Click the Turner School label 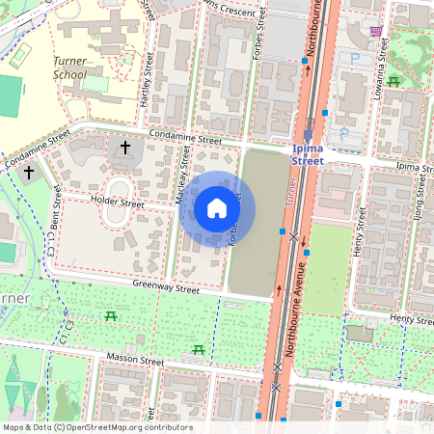tap(68, 68)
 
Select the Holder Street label tap(117, 203)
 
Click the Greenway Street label tap(166, 287)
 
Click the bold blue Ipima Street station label tap(322, 155)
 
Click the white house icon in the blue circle tap(217, 207)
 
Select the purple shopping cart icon tap(375, 31)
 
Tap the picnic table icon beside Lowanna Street tap(393, 81)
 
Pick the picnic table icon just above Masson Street tap(199, 349)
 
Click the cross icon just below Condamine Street tap(123, 148)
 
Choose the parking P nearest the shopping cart tap(354, 59)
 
